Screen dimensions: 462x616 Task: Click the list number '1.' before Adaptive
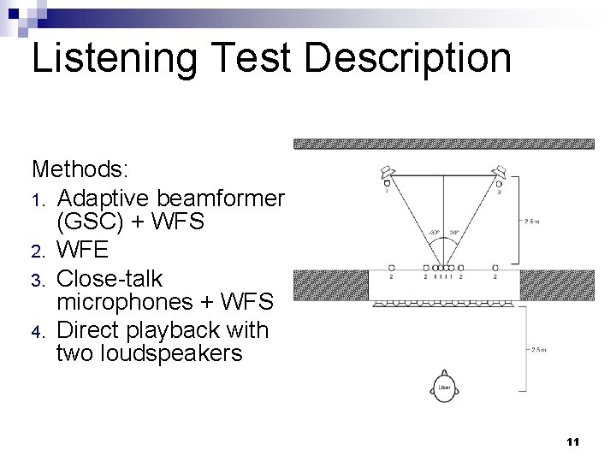[x=38, y=200]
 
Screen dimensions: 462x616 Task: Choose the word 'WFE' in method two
[x=85, y=252]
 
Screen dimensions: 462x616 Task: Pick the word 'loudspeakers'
[x=150, y=354]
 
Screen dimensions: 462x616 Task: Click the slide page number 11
[x=572, y=441]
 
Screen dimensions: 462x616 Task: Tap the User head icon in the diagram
[x=445, y=388]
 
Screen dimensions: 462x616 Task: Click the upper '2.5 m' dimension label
[x=531, y=221]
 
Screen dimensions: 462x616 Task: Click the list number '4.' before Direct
[x=38, y=331]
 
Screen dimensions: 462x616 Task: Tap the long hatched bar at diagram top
[x=444, y=144]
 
